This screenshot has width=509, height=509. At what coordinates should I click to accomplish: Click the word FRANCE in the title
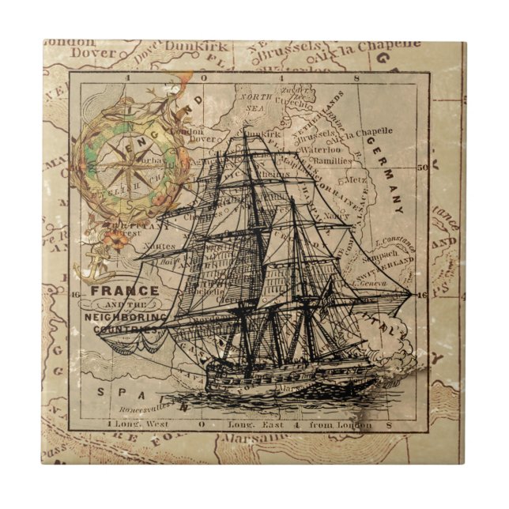tap(125, 290)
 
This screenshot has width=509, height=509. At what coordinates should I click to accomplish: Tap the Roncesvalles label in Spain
tap(145, 409)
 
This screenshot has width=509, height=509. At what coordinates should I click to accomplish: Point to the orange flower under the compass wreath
tap(116, 240)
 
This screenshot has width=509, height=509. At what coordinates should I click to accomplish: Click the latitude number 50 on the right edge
tap(422, 167)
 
